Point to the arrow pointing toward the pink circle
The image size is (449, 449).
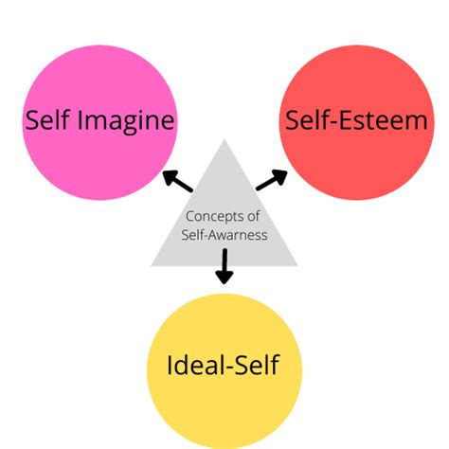(177, 180)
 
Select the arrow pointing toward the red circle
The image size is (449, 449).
(272, 179)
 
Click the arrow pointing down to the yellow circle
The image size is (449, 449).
(224, 266)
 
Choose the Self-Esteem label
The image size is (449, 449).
(352, 120)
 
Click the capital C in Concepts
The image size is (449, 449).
(189, 216)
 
